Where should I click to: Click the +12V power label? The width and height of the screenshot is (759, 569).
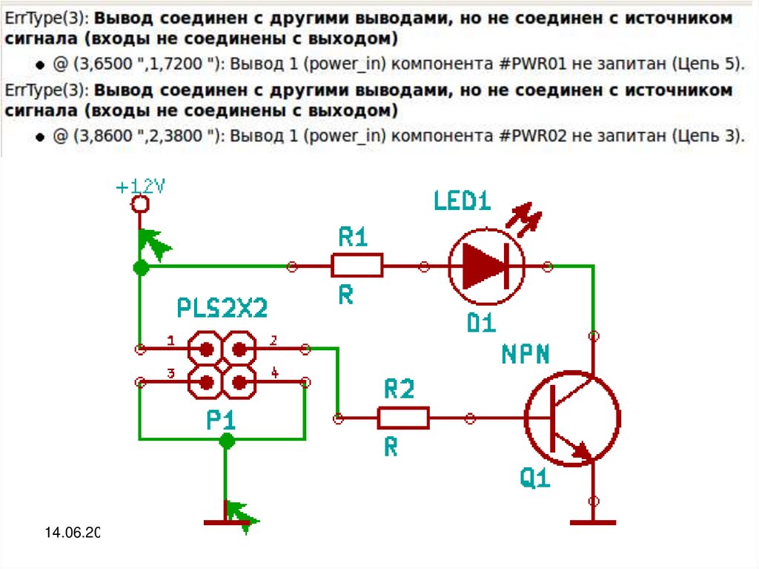(141, 187)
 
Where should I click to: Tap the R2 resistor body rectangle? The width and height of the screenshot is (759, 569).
(403, 418)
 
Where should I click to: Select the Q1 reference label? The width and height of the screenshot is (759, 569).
(535, 478)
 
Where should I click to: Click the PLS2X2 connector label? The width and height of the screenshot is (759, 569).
(222, 308)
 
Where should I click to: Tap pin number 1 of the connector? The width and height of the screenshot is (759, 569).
(171, 341)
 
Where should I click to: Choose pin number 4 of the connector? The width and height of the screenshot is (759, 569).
(274, 373)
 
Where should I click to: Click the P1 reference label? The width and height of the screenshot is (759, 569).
(221, 421)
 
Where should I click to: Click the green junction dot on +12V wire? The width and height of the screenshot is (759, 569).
(139, 267)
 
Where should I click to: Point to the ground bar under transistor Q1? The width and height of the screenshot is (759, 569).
(593, 522)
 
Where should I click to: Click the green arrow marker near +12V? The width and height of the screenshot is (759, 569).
(154, 242)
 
